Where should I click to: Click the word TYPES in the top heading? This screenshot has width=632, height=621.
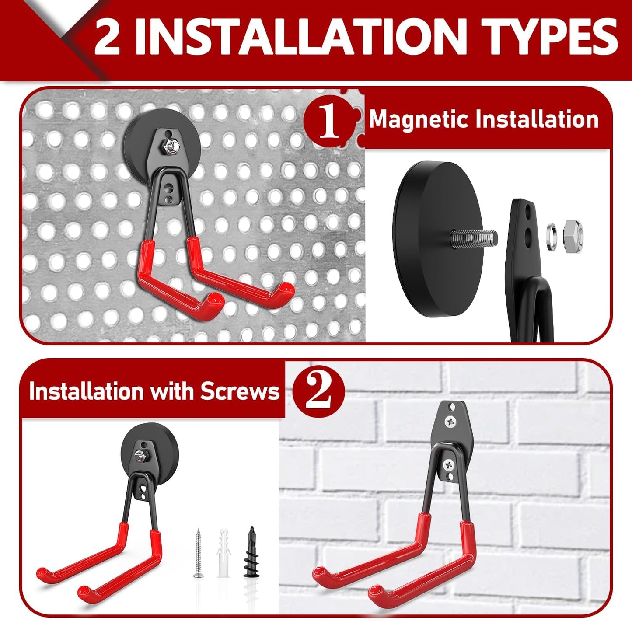point(549,37)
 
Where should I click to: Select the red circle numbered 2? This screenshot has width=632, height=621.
point(319,391)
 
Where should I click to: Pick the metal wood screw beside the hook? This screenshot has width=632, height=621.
point(198,553)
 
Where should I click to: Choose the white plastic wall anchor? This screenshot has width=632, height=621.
point(223,552)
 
